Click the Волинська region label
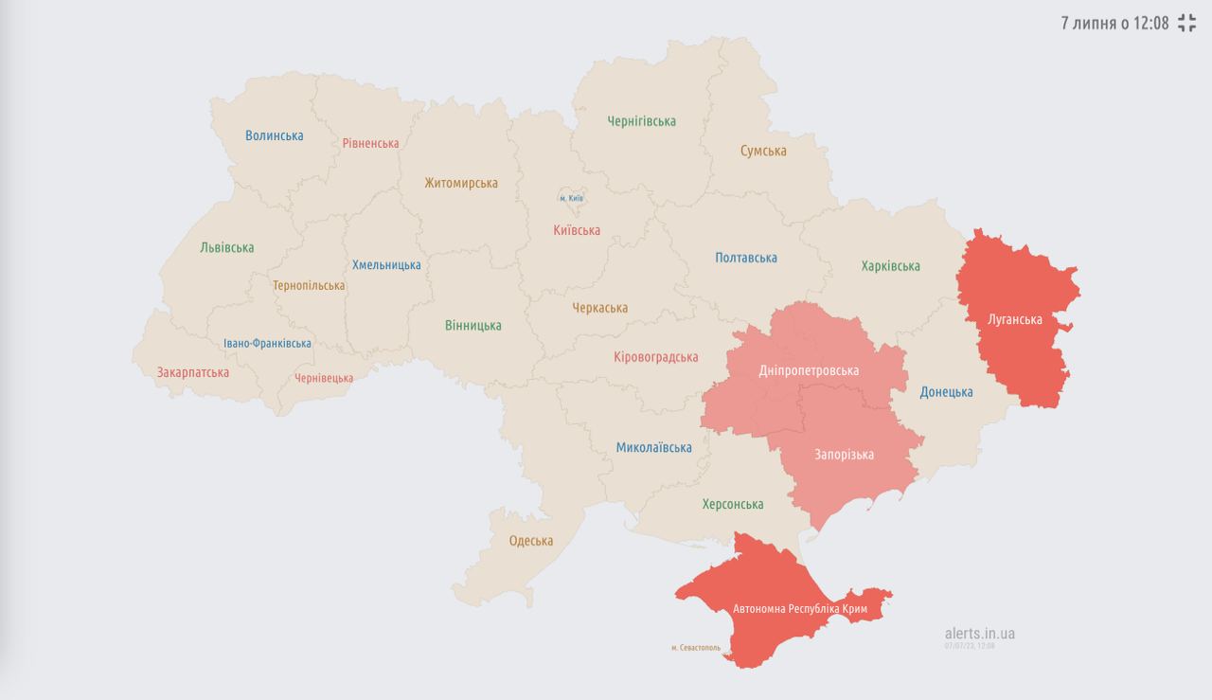coord(275,135)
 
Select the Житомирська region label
coord(461,183)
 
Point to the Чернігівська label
coord(642,121)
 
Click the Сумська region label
coord(763,151)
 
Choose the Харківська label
coord(890,266)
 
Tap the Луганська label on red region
coord(1015,319)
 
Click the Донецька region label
coord(946,392)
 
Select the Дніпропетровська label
coord(809,370)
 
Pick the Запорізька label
coord(844,455)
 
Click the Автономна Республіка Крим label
coord(800,608)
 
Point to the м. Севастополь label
coord(696,649)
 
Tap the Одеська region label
coord(531,541)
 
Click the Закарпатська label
coord(193,372)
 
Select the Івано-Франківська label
coord(267,344)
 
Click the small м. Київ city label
coord(571,198)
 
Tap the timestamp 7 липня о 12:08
coord(1114,24)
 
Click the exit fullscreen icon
coord(1187,24)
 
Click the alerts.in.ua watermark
coord(979,634)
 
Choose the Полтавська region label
coord(746,258)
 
